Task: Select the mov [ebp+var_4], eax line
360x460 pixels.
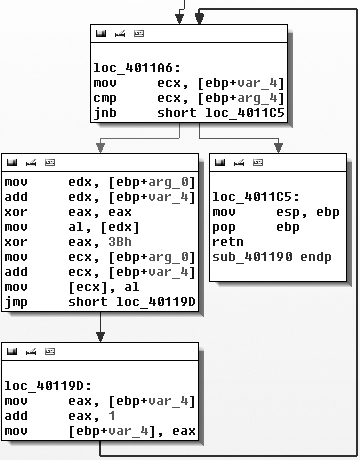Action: [x=100, y=431]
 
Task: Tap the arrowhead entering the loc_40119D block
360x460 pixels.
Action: [x=100, y=338]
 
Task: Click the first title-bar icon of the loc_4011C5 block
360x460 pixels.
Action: [x=221, y=163]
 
